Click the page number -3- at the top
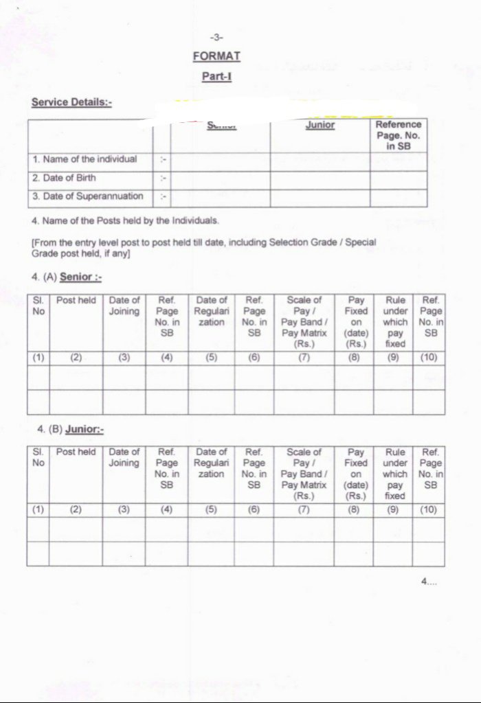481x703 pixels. pyautogui.click(x=216, y=37)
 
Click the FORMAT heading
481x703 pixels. pyautogui.click(x=216, y=56)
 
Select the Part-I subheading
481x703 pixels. pyautogui.click(x=216, y=76)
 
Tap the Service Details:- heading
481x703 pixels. pyautogui.click(x=71, y=102)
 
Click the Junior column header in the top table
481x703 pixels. pyautogui.click(x=320, y=126)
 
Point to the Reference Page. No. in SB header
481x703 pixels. pyautogui.click(x=398, y=135)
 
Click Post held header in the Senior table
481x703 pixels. pyautogui.click(x=76, y=301)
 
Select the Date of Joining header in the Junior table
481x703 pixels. pyautogui.click(x=124, y=457)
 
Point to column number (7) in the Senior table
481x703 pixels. pyautogui.click(x=303, y=357)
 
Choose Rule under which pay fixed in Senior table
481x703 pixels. pyautogui.click(x=395, y=322)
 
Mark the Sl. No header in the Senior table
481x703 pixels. pyautogui.click(x=38, y=306)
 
